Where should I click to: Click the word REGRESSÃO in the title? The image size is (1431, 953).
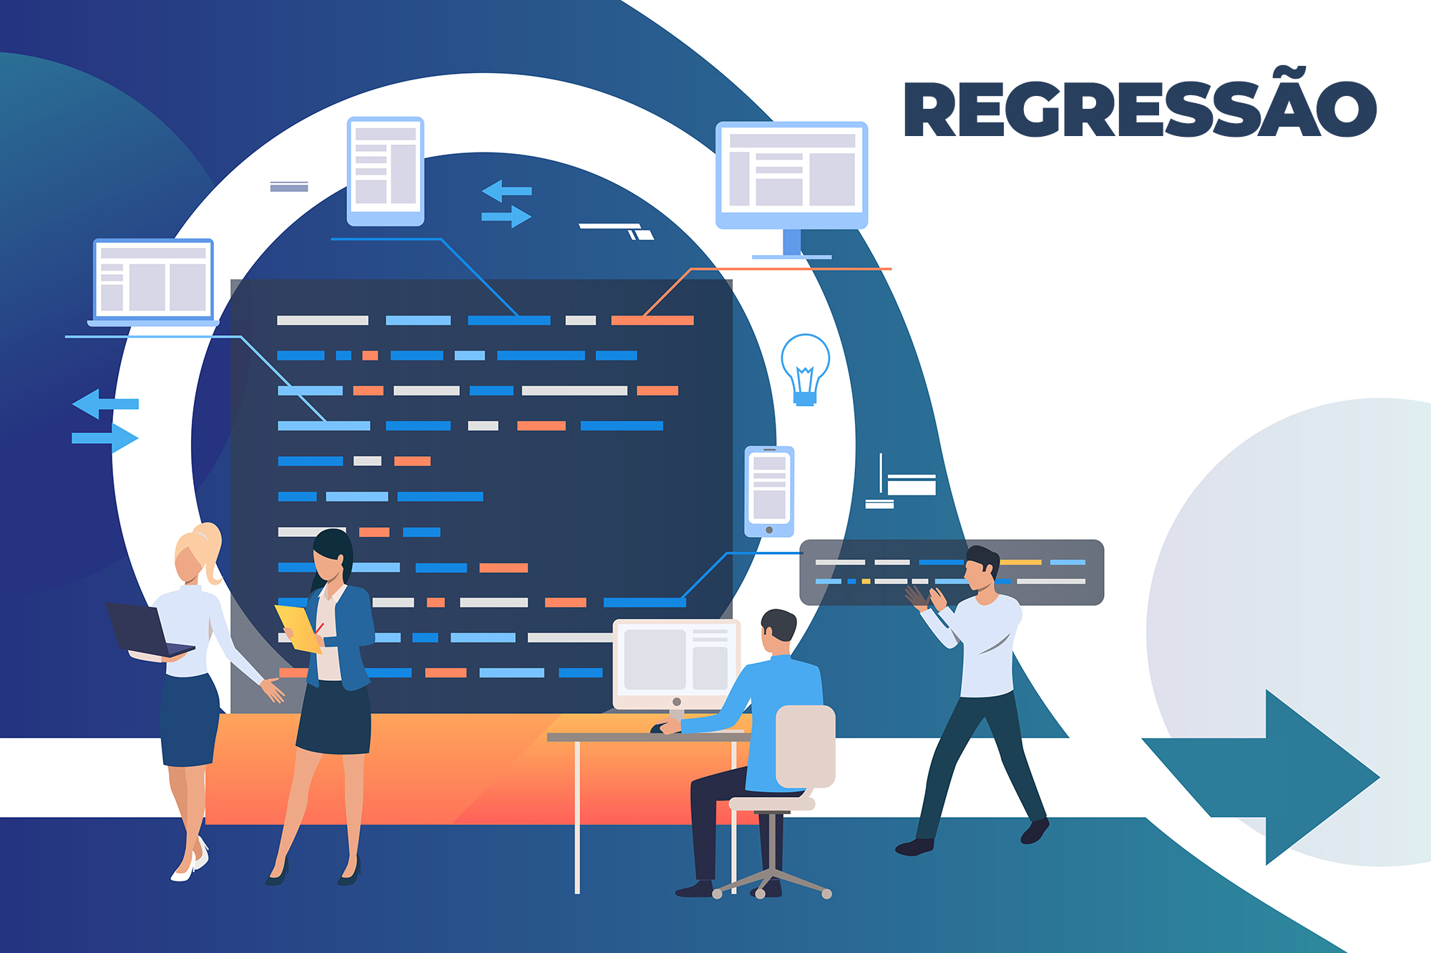(1139, 109)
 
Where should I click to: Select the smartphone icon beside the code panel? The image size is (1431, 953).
(769, 491)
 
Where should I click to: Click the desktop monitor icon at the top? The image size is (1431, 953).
(791, 175)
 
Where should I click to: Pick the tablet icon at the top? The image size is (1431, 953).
(386, 171)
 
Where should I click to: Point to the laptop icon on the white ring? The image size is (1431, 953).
(153, 281)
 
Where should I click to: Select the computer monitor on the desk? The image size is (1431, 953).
(676, 662)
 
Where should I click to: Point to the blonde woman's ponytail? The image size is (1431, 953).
(211, 548)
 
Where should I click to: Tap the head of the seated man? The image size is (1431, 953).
(778, 630)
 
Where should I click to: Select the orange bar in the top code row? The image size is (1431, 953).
(652, 320)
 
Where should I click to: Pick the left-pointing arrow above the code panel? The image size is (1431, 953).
(506, 191)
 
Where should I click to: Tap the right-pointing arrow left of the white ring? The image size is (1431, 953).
(106, 437)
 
